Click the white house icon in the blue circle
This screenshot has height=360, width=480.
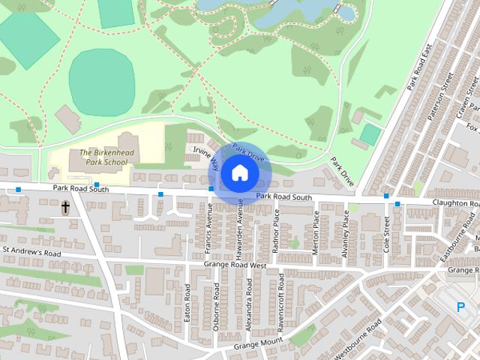(239, 173)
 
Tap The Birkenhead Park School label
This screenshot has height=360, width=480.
(103, 157)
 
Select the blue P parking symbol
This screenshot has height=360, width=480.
(461, 305)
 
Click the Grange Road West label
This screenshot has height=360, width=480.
(235, 265)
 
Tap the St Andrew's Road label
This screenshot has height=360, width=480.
(31, 253)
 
